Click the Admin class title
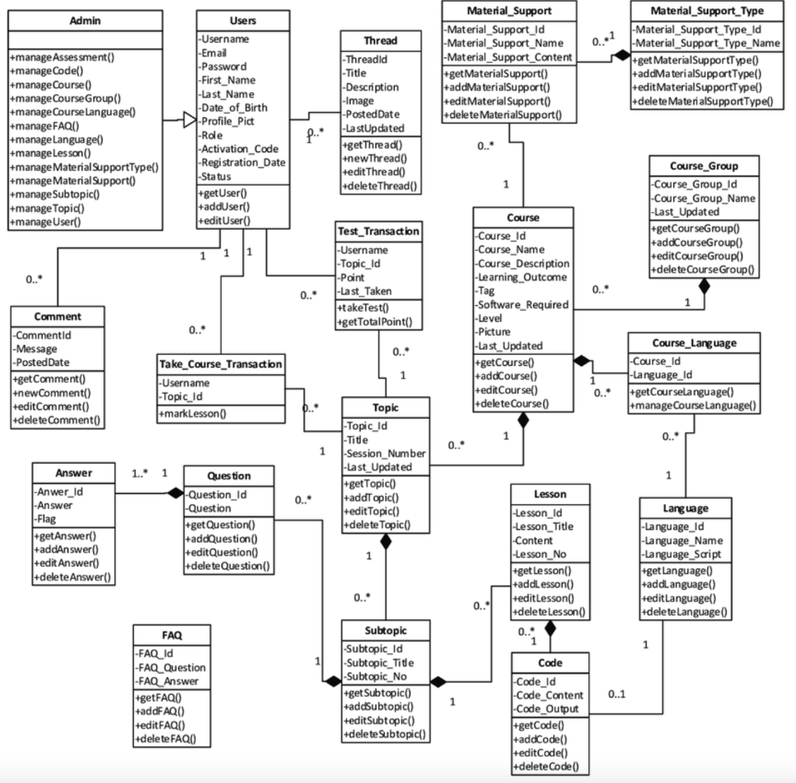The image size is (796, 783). click(85, 21)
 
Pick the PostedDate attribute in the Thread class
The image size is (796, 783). click(372, 114)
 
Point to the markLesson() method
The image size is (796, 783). click(194, 413)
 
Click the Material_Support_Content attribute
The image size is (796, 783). click(508, 57)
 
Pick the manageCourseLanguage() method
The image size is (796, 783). click(693, 405)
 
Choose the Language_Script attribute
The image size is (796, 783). click(683, 555)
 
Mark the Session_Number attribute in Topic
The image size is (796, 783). click(385, 454)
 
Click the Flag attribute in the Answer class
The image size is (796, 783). click(47, 519)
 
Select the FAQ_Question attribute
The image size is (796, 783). click(170, 667)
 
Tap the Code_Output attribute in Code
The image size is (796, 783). click(546, 708)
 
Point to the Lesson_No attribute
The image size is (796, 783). click(539, 555)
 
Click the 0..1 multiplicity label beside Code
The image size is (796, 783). click(618, 693)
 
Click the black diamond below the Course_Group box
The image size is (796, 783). click(704, 286)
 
